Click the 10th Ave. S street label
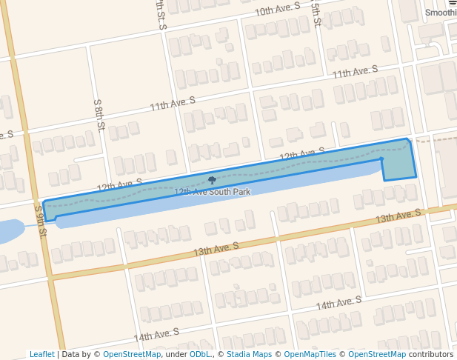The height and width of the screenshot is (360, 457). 277,10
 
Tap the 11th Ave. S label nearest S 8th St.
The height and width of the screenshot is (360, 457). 172,104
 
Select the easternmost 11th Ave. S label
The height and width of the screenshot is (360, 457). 355,73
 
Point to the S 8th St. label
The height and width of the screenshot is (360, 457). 98,116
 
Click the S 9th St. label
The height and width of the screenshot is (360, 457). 41,221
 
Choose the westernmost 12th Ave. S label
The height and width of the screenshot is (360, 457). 119,184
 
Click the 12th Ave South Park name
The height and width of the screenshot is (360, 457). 212,192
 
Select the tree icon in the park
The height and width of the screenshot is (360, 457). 213,180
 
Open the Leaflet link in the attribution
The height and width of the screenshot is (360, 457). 41,354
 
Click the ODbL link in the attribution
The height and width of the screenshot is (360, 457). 200,354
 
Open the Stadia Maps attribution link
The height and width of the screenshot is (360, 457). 249,354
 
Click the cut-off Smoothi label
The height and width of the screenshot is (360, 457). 441,13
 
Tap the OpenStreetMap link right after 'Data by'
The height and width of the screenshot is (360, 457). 131,354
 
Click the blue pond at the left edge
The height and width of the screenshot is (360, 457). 11,231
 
